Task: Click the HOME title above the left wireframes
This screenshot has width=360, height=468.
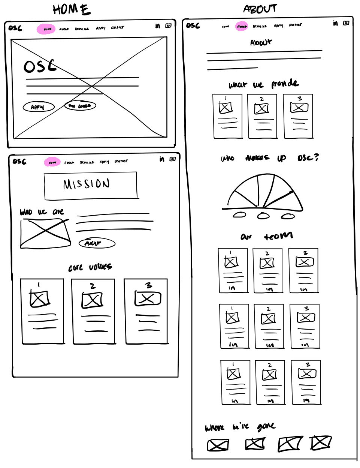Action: point(72,9)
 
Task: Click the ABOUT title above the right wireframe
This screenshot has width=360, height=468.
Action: point(260,9)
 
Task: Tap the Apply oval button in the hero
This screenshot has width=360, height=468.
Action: point(39,107)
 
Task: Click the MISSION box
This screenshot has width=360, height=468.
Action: point(91,185)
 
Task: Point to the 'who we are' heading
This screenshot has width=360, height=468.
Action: point(42,212)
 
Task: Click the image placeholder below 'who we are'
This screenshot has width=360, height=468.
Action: point(45,233)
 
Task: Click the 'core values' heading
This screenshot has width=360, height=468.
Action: point(90,267)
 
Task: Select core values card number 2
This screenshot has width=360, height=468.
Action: point(93,311)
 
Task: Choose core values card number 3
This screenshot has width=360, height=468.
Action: point(146,311)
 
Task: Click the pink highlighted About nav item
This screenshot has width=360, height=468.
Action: point(242,26)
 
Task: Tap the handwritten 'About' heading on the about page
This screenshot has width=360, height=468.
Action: point(261,43)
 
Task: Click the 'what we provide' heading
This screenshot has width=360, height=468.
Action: point(264,84)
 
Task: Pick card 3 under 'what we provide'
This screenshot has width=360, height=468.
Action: point(298,116)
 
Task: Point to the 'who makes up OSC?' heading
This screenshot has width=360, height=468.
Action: point(269,158)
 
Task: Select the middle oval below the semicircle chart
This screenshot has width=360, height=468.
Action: point(263,216)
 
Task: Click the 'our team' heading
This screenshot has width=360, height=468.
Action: point(266,236)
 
